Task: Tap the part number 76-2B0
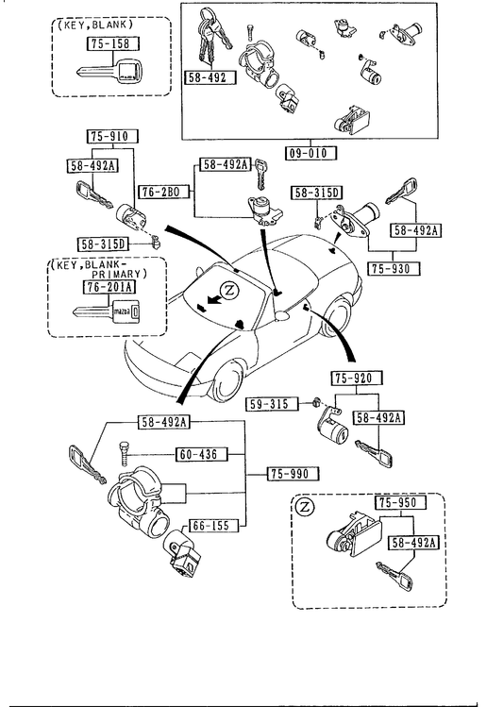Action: coord(160,192)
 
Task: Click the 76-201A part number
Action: coord(110,287)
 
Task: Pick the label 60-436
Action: coord(201,455)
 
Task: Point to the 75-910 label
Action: coord(112,137)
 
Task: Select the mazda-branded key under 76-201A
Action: coord(108,312)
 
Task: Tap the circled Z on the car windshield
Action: coord(230,291)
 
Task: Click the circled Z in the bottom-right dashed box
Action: coord(306,507)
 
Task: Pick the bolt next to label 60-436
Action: coord(124,454)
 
